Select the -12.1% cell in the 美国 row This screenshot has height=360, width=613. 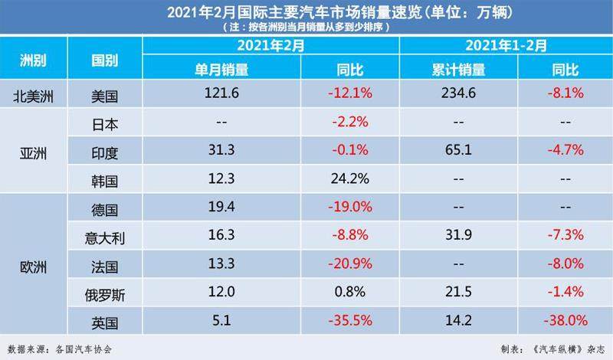coord(350,95)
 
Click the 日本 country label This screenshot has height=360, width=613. coord(105,123)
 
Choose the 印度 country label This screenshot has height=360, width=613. coord(105,152)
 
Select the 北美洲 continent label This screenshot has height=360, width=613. coord(34,95)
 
